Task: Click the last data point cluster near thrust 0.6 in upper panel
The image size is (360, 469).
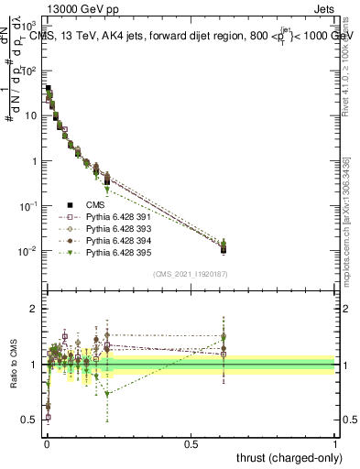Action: pyautogui.click(x=224, y=245)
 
